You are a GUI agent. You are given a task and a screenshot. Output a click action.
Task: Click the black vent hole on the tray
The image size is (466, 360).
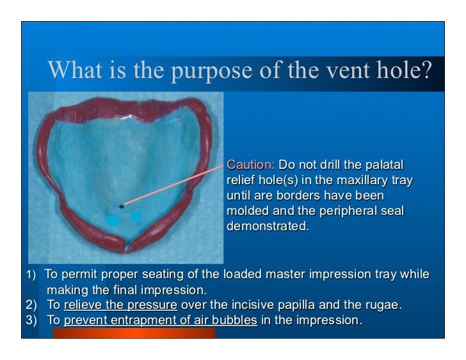click(122, 206)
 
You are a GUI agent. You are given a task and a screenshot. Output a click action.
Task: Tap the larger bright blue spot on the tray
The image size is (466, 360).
click(113, 220)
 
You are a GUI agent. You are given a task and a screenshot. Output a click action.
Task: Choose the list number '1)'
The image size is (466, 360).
click(30, 275)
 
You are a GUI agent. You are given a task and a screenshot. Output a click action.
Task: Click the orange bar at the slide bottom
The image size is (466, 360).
click(134, 333)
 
